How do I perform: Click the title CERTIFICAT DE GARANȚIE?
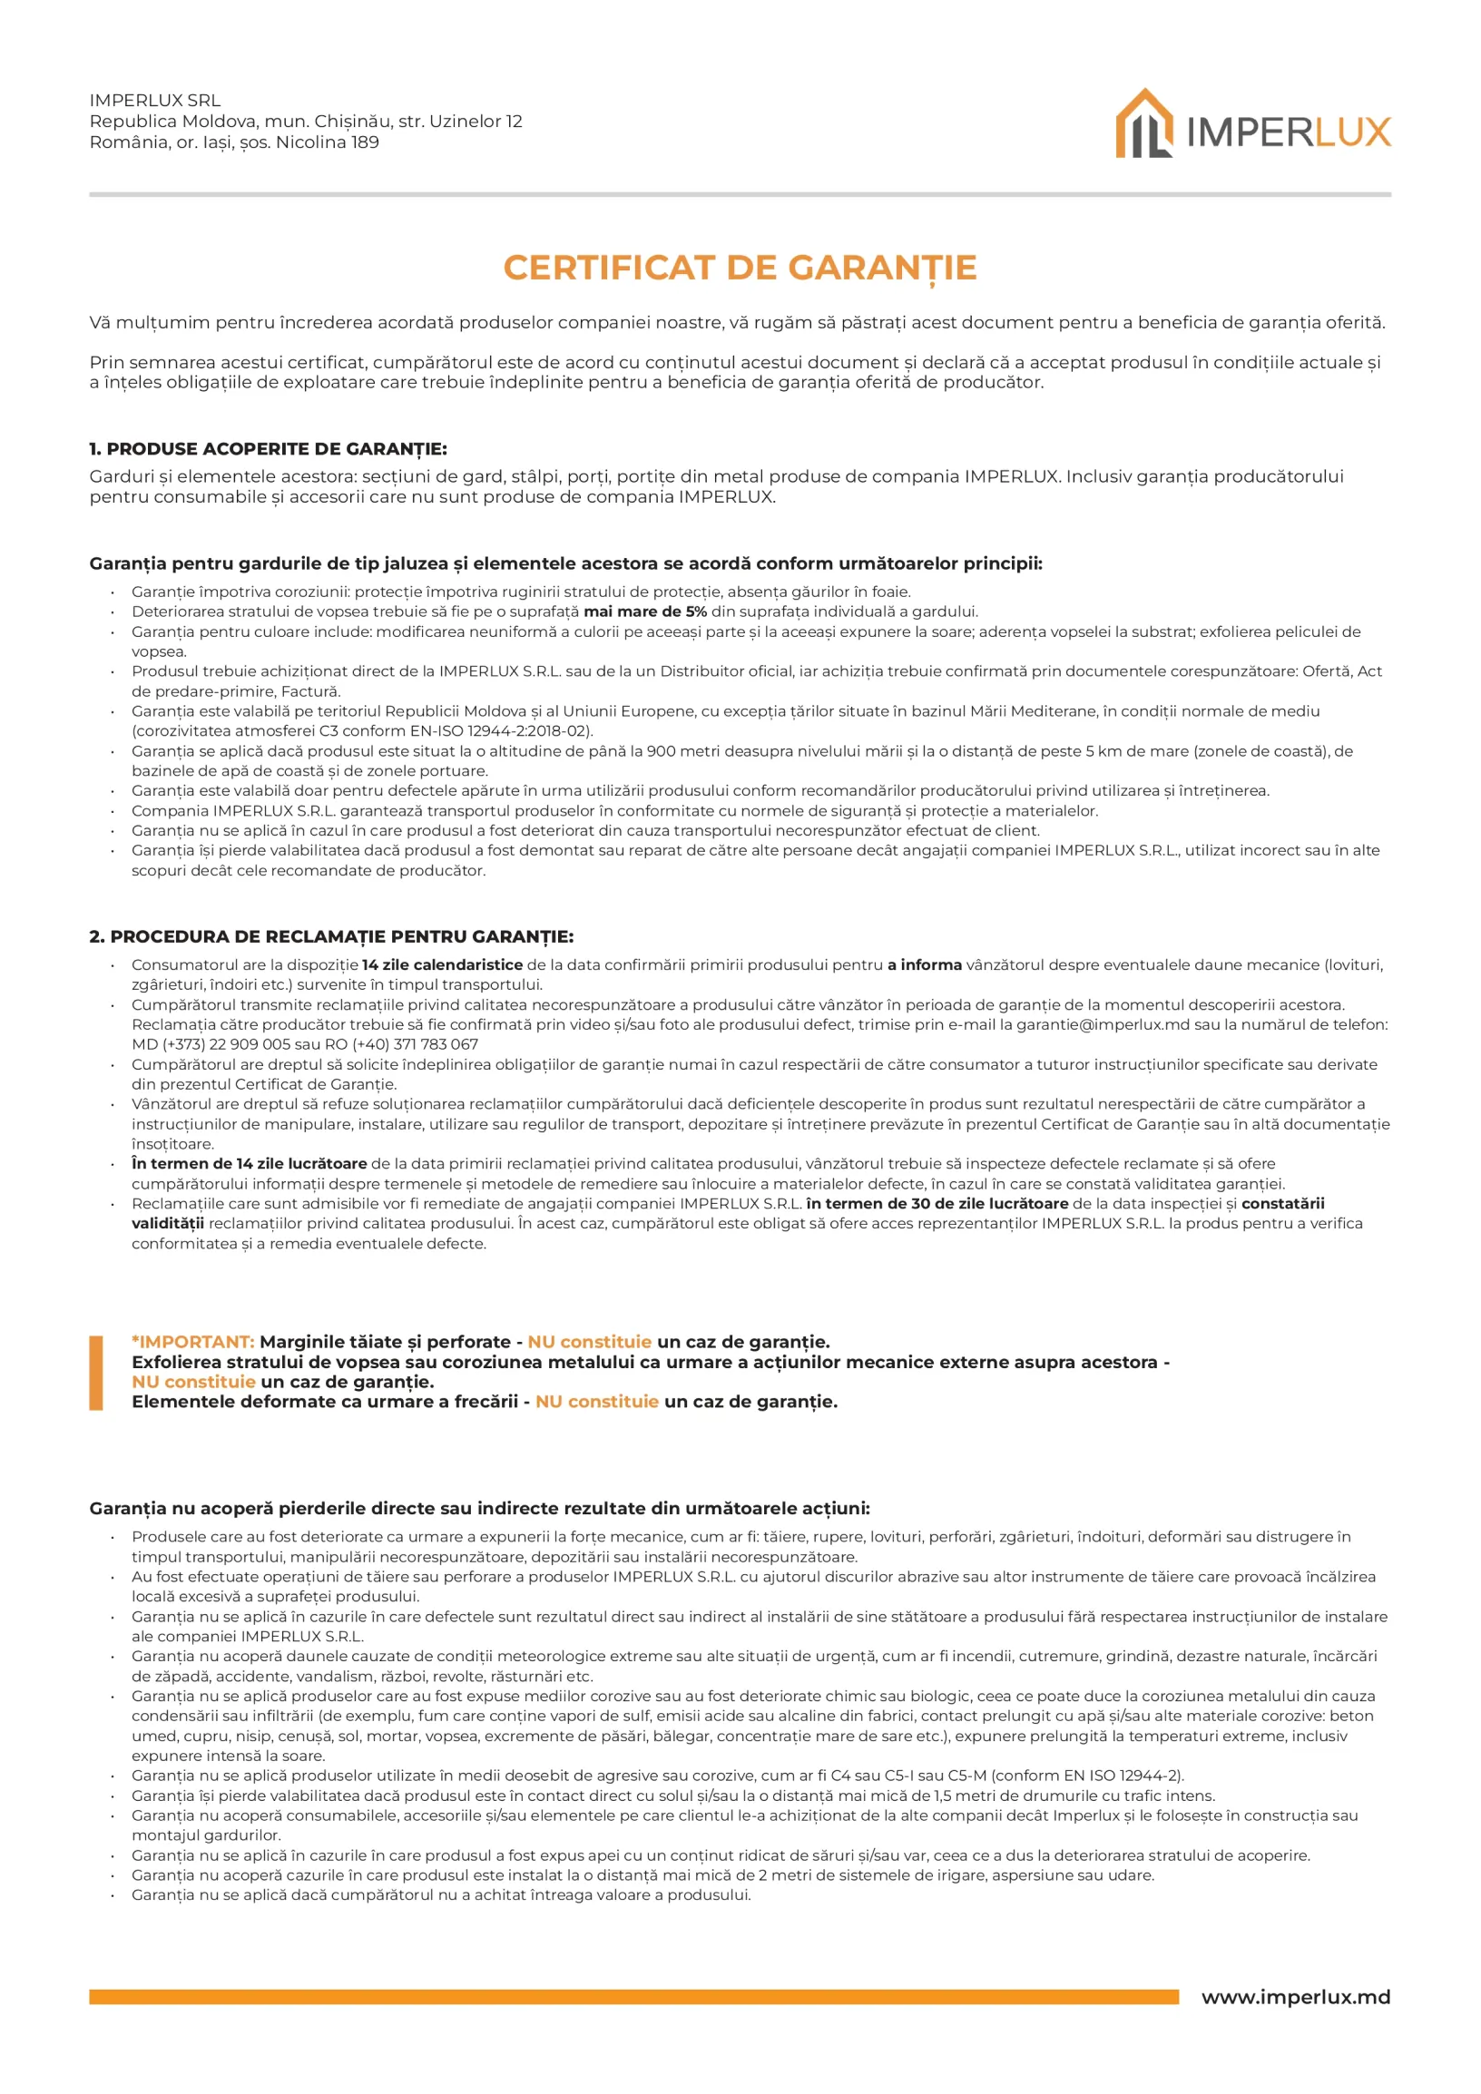tap(740, 269)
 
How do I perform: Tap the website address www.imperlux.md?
tap(1295, 1996)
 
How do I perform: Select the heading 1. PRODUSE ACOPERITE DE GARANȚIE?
tap(268, 449)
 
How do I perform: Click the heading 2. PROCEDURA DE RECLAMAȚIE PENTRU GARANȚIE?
tap(331, 936)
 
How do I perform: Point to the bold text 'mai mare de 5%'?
tap(644, 612)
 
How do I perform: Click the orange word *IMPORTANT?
tap(192, 1342)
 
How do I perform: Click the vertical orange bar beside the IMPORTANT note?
tap(96, 1373)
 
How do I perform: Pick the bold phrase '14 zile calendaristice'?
tap(442, 965)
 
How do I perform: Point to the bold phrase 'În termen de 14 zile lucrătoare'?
tap(249, 1164)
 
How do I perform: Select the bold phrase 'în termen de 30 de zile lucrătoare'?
tap(937, 1204)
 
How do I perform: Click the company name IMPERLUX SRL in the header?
tap(155, 101)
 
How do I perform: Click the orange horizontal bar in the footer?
tap(633, 1997)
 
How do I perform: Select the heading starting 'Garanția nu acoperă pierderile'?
tap(479, 1509)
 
